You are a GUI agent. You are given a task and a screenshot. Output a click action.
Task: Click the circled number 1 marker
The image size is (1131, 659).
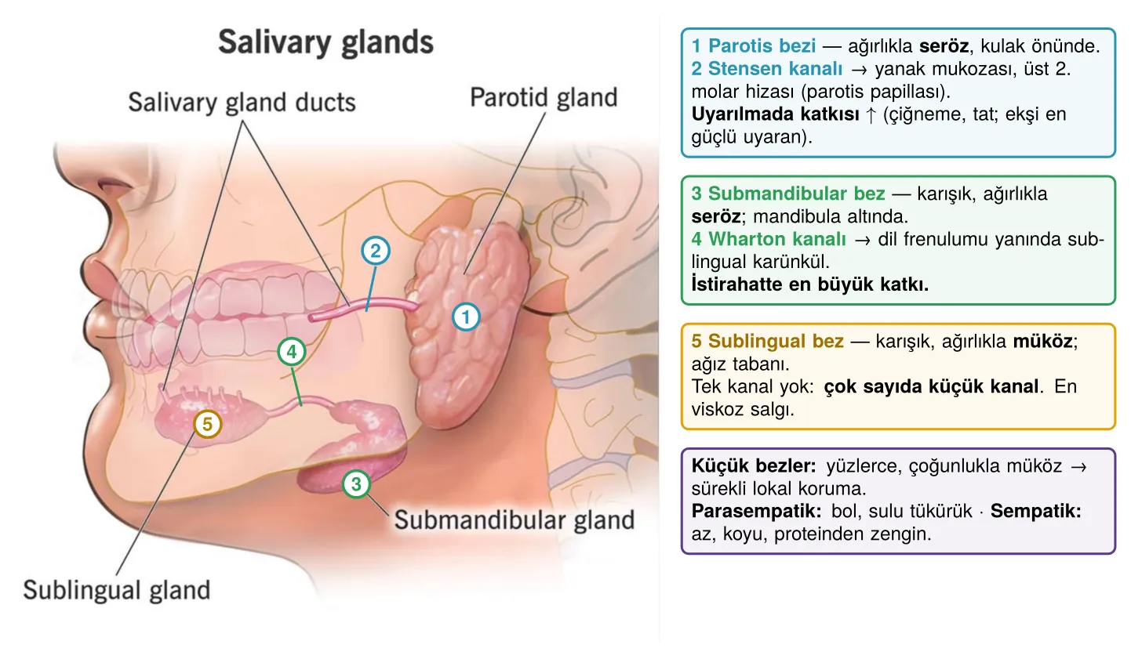click(x=466, y=317)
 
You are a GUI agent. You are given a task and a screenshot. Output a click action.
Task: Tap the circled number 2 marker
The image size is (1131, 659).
click(x=375, y=251)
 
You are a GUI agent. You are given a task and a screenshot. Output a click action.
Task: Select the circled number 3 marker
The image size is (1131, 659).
click(x=356, y=484)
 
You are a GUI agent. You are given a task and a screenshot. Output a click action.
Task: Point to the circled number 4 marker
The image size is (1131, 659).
click(x=291, y=352)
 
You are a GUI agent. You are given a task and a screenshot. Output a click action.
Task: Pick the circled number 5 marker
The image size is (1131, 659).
click(x=207, y=424)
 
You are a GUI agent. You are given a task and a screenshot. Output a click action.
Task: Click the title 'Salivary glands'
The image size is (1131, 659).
click(x=325, y=42)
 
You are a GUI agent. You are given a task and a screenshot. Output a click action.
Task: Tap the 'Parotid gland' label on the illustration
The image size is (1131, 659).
click(x=544, y=97)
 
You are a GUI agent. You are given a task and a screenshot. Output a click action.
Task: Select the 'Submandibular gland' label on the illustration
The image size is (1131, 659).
click(x=514, y=520)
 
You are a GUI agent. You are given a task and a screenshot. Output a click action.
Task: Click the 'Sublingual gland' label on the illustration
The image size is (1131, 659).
click(x=117, y=590)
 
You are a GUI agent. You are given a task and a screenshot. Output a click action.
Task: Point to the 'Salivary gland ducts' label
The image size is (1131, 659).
click(x=242, y=103)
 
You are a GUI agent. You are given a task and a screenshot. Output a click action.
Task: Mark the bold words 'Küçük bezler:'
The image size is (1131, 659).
click(x=753, y=465)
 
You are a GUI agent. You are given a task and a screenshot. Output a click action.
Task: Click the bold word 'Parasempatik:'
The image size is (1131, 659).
click(x=756, y=511)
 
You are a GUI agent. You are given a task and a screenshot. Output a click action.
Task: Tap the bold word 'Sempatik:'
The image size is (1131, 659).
click(x=1035, y=511)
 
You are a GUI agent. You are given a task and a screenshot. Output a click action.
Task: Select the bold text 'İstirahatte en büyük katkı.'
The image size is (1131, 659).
click(x=810, y=284)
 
